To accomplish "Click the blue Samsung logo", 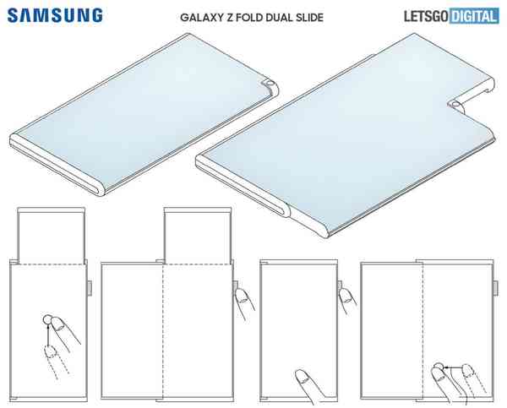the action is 55,15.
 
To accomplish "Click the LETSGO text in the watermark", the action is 426,17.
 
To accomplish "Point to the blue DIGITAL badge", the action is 474,17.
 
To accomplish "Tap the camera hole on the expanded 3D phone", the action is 456,104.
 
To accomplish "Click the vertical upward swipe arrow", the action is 48,335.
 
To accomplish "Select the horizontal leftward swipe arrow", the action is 453,367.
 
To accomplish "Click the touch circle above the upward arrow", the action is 47,319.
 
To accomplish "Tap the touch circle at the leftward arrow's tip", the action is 438,367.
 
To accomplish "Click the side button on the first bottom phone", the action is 90,288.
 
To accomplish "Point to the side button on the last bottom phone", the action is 495,288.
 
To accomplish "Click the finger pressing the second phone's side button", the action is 243,302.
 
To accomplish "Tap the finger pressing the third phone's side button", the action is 348,301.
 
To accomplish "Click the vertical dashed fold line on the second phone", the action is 163,331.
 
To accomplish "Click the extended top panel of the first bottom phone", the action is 51,236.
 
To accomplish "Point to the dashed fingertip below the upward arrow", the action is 51,351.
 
